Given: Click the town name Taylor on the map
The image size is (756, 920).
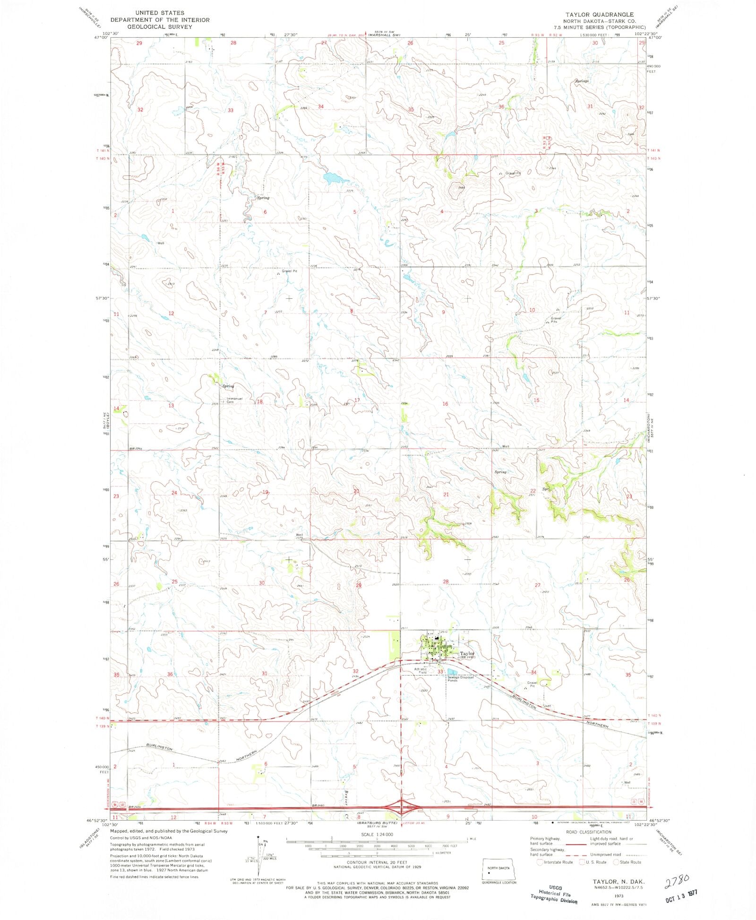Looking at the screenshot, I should [467, 653].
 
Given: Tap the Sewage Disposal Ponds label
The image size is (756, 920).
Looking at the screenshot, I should [460, 679].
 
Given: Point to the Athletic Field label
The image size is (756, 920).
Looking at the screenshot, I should [421, 670].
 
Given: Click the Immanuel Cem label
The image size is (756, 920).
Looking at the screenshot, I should [234, 400].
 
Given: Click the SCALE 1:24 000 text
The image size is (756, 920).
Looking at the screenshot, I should [377, 834].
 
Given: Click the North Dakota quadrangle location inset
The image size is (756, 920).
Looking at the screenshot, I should [499, 869].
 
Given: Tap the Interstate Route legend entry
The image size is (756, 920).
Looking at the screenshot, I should [558, 862].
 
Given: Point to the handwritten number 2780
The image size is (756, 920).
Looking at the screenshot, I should [677, 879].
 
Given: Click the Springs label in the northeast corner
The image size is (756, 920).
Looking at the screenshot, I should [582, 81].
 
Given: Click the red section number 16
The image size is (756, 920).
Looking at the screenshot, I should [445, 404].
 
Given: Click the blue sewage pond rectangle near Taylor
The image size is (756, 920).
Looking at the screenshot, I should [452, 671].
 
